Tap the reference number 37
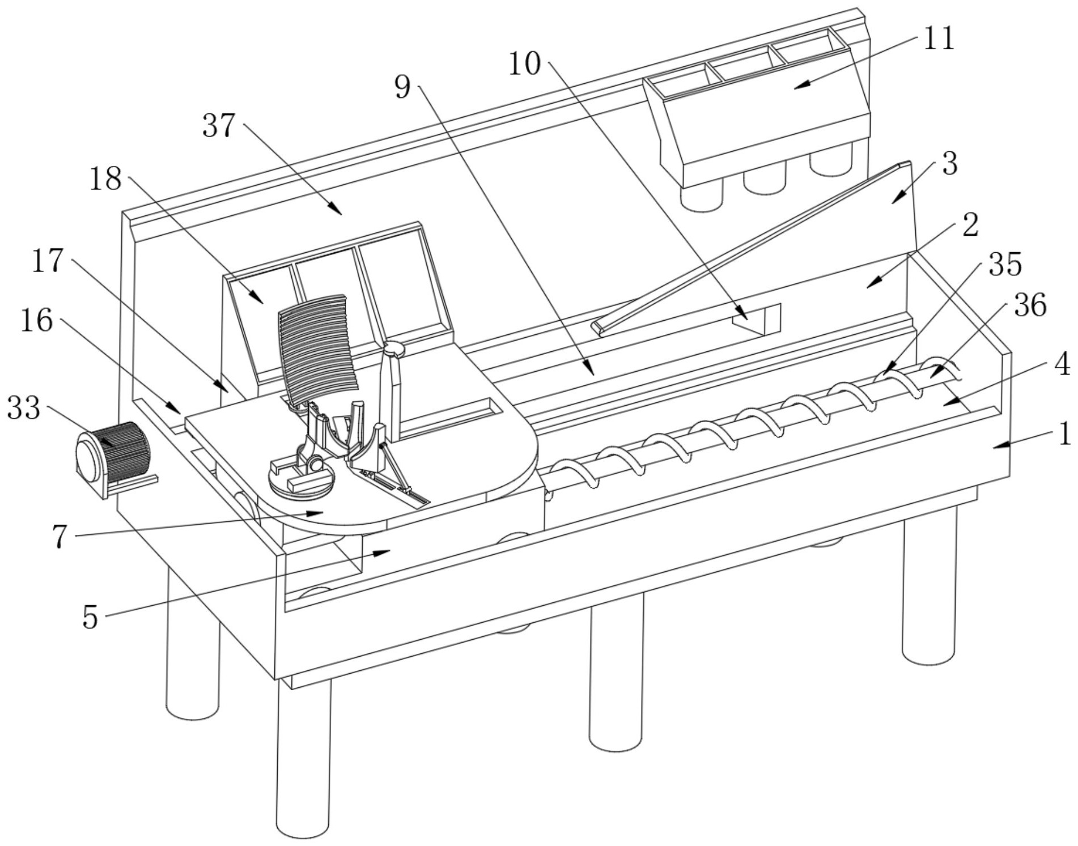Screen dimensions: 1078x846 219,125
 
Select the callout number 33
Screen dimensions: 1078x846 24,408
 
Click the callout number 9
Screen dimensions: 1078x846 402,87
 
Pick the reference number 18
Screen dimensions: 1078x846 105,179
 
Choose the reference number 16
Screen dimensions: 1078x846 37,321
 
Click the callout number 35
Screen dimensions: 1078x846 1005,264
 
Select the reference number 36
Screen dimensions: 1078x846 1030,305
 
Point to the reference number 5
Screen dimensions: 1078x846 90,617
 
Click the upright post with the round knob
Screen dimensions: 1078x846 391,391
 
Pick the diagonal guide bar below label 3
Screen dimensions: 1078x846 751,248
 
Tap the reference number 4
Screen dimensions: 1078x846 1062,365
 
